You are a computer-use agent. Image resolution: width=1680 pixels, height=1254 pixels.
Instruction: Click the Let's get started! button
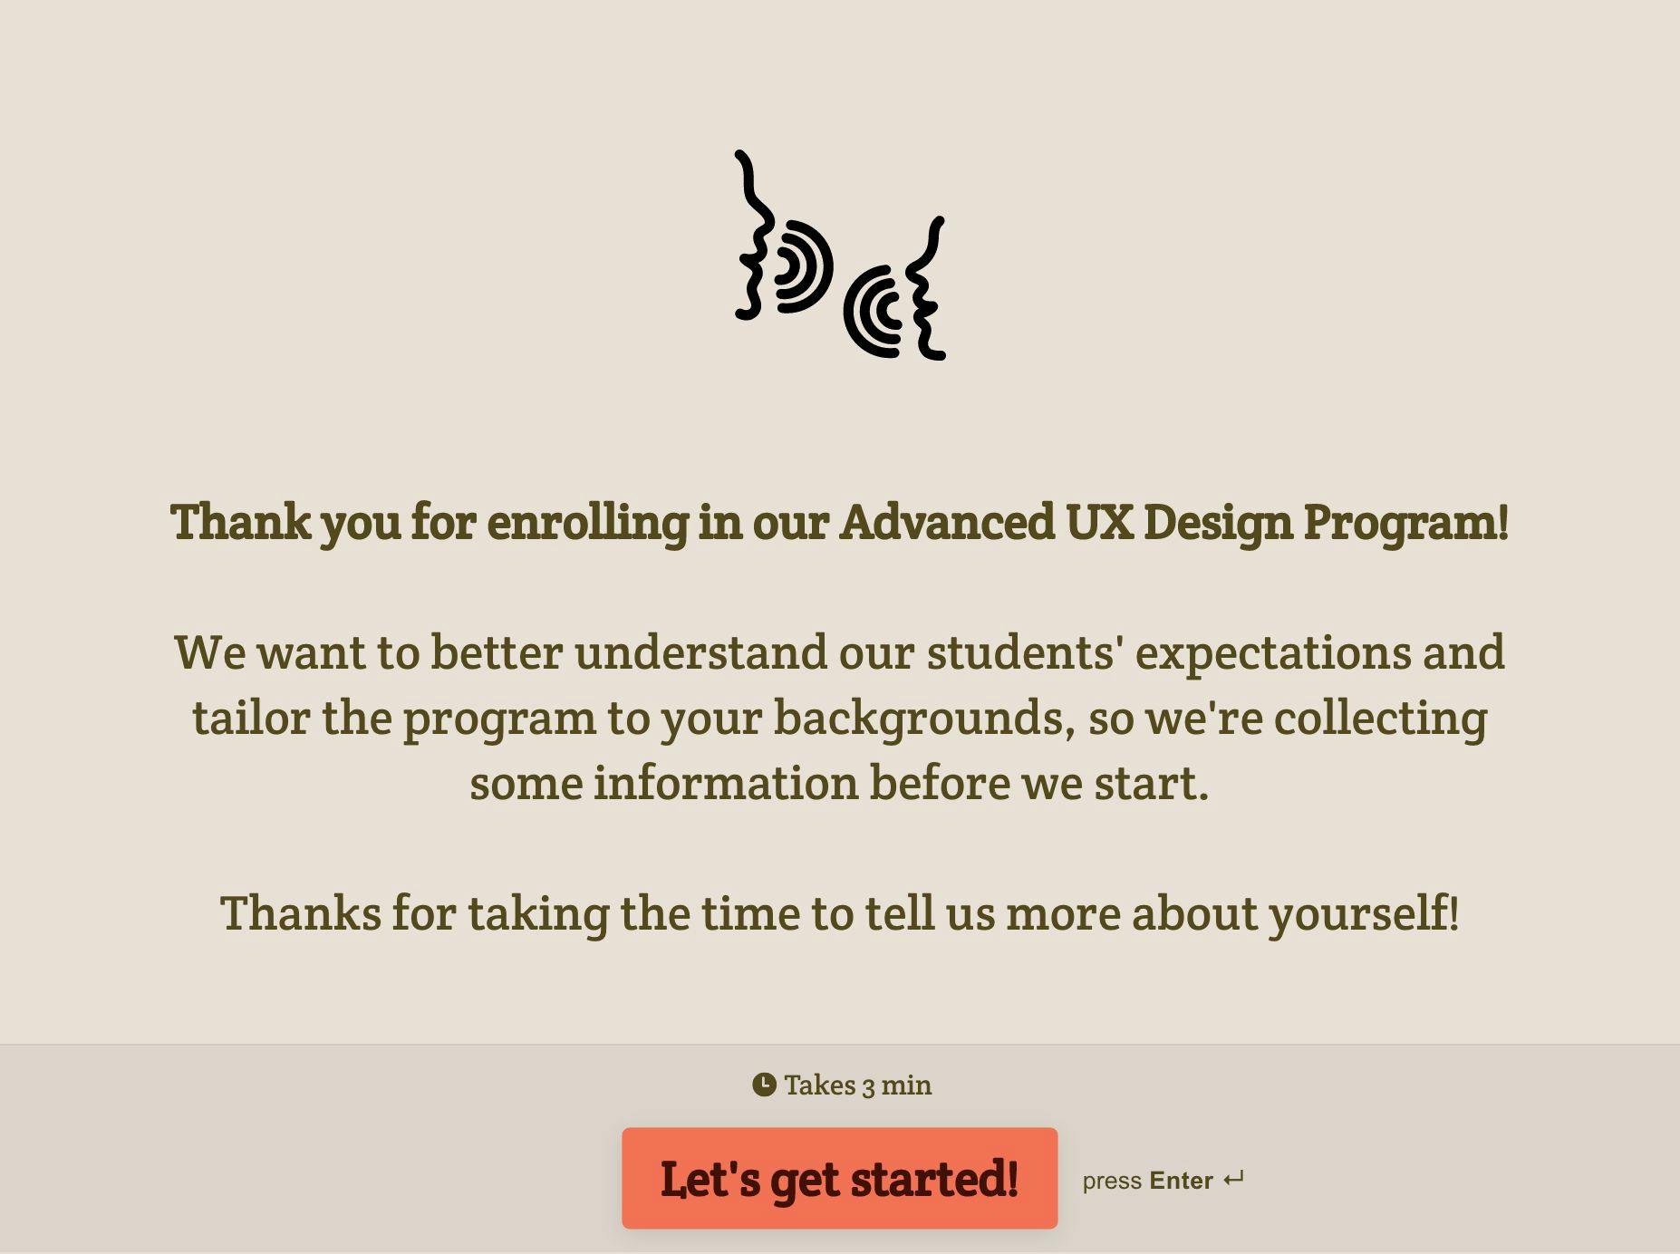point(839,1178)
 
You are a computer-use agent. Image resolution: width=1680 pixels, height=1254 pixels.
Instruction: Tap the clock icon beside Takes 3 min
point(764,1085)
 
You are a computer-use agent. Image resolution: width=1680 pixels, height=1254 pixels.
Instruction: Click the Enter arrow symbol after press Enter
point(1233,1180)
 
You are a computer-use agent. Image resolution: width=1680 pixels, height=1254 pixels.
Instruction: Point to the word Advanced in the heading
point(947,522)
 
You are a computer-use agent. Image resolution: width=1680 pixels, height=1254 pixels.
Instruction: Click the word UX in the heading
point(1099,522)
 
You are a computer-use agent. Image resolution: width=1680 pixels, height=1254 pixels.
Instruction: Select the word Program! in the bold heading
point(1406,524)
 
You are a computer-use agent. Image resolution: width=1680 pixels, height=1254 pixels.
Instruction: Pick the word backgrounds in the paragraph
point(918,719)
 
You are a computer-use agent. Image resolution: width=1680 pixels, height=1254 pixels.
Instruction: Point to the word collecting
point(1380,719)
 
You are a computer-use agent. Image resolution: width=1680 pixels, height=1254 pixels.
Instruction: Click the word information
point(725,783)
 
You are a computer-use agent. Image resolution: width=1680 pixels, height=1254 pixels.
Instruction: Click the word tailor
point(251,718)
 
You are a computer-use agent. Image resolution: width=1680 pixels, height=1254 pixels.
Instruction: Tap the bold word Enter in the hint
point(1181,1181)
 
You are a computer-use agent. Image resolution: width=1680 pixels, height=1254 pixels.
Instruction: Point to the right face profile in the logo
point(927,288)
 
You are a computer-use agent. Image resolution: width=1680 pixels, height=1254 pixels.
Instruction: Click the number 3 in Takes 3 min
point(868,1086)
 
